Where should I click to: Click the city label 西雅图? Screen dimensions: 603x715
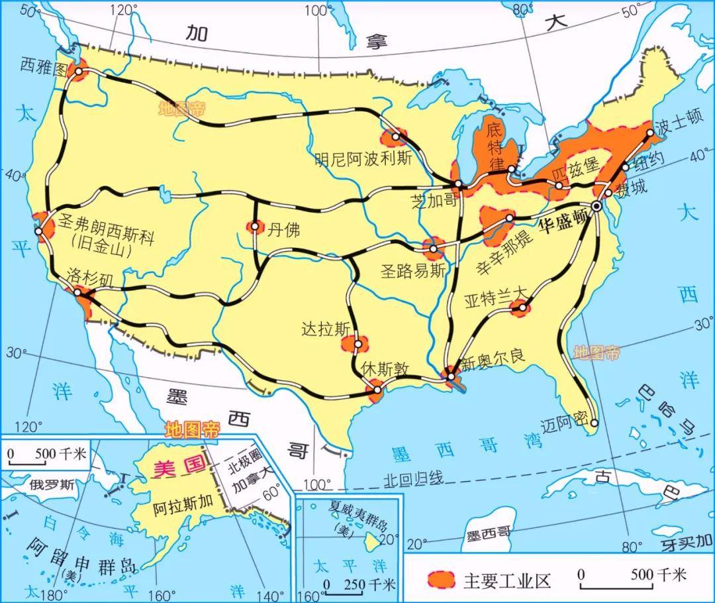coord(44,64)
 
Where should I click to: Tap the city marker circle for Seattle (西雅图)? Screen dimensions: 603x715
coord(79,72)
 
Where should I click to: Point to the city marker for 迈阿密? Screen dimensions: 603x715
coord(595,423)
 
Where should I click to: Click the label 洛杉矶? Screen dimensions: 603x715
coord(91,277)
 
